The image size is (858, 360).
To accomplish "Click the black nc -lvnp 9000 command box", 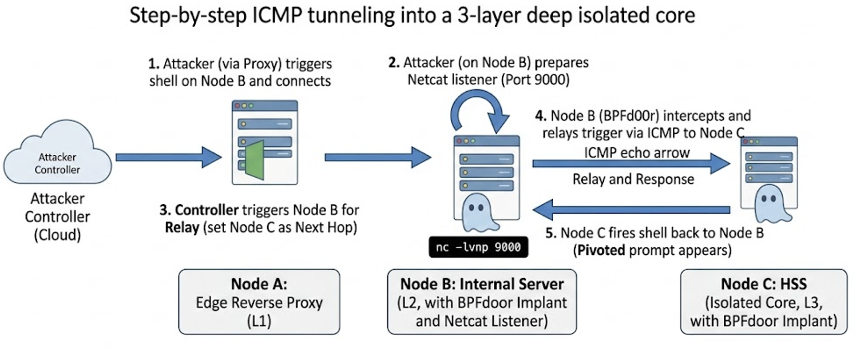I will pos(478,247).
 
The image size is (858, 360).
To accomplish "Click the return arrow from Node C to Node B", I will pos(631,210).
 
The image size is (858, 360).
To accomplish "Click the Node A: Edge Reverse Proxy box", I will pos(259,302).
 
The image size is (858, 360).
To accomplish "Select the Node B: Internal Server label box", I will pos(481,302).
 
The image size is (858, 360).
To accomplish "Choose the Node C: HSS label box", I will pos(763,302).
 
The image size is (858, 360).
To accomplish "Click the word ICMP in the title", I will pos(277,15).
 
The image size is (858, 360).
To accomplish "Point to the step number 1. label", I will pos(153,64).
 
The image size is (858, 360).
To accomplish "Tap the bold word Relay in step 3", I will pos(182,228).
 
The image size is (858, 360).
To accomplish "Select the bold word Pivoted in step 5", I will pos(600,250).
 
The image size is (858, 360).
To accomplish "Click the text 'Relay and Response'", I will pos(633,180).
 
